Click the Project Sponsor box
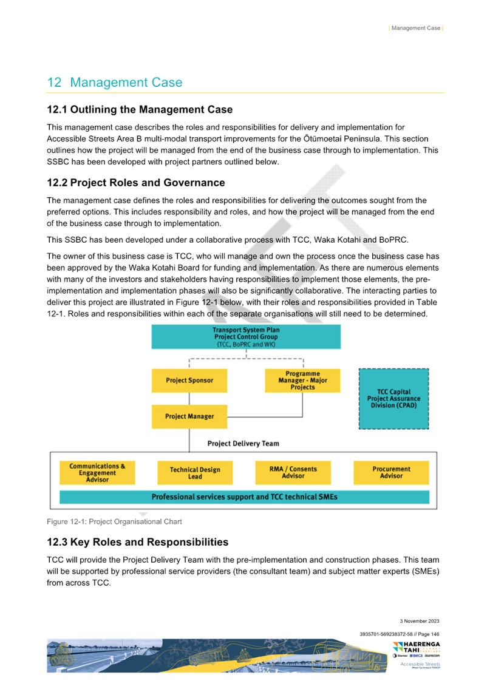coord(189,381)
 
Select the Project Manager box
coord(189,416)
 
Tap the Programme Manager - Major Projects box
coord(302,381)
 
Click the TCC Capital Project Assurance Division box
coord(393,399)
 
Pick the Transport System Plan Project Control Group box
coord(246,337)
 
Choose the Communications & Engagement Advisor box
coord(97,473)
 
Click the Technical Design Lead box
coord(195,473)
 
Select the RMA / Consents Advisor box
coord(293,472)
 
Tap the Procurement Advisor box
coord(391,472)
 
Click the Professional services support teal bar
coord(244,497)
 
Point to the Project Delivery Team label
coord(243,444)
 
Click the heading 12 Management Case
coord(115,83)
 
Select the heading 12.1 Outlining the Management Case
coord(140,110)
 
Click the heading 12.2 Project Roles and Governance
coord(136,183)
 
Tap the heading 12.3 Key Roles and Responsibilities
coord(138,542)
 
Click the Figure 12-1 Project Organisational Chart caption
coord(115,521)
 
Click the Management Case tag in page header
coord(416,28)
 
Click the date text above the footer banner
coord(420,621)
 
